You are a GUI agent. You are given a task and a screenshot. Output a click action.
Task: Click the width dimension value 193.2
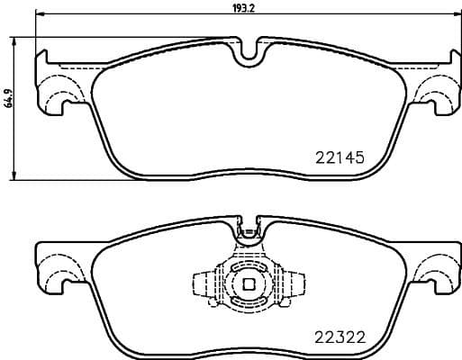tap(245, 8)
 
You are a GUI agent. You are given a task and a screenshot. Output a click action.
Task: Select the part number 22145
tap(340, 157)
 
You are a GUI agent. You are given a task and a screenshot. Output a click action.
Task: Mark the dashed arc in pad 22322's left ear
tap(59, 271)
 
